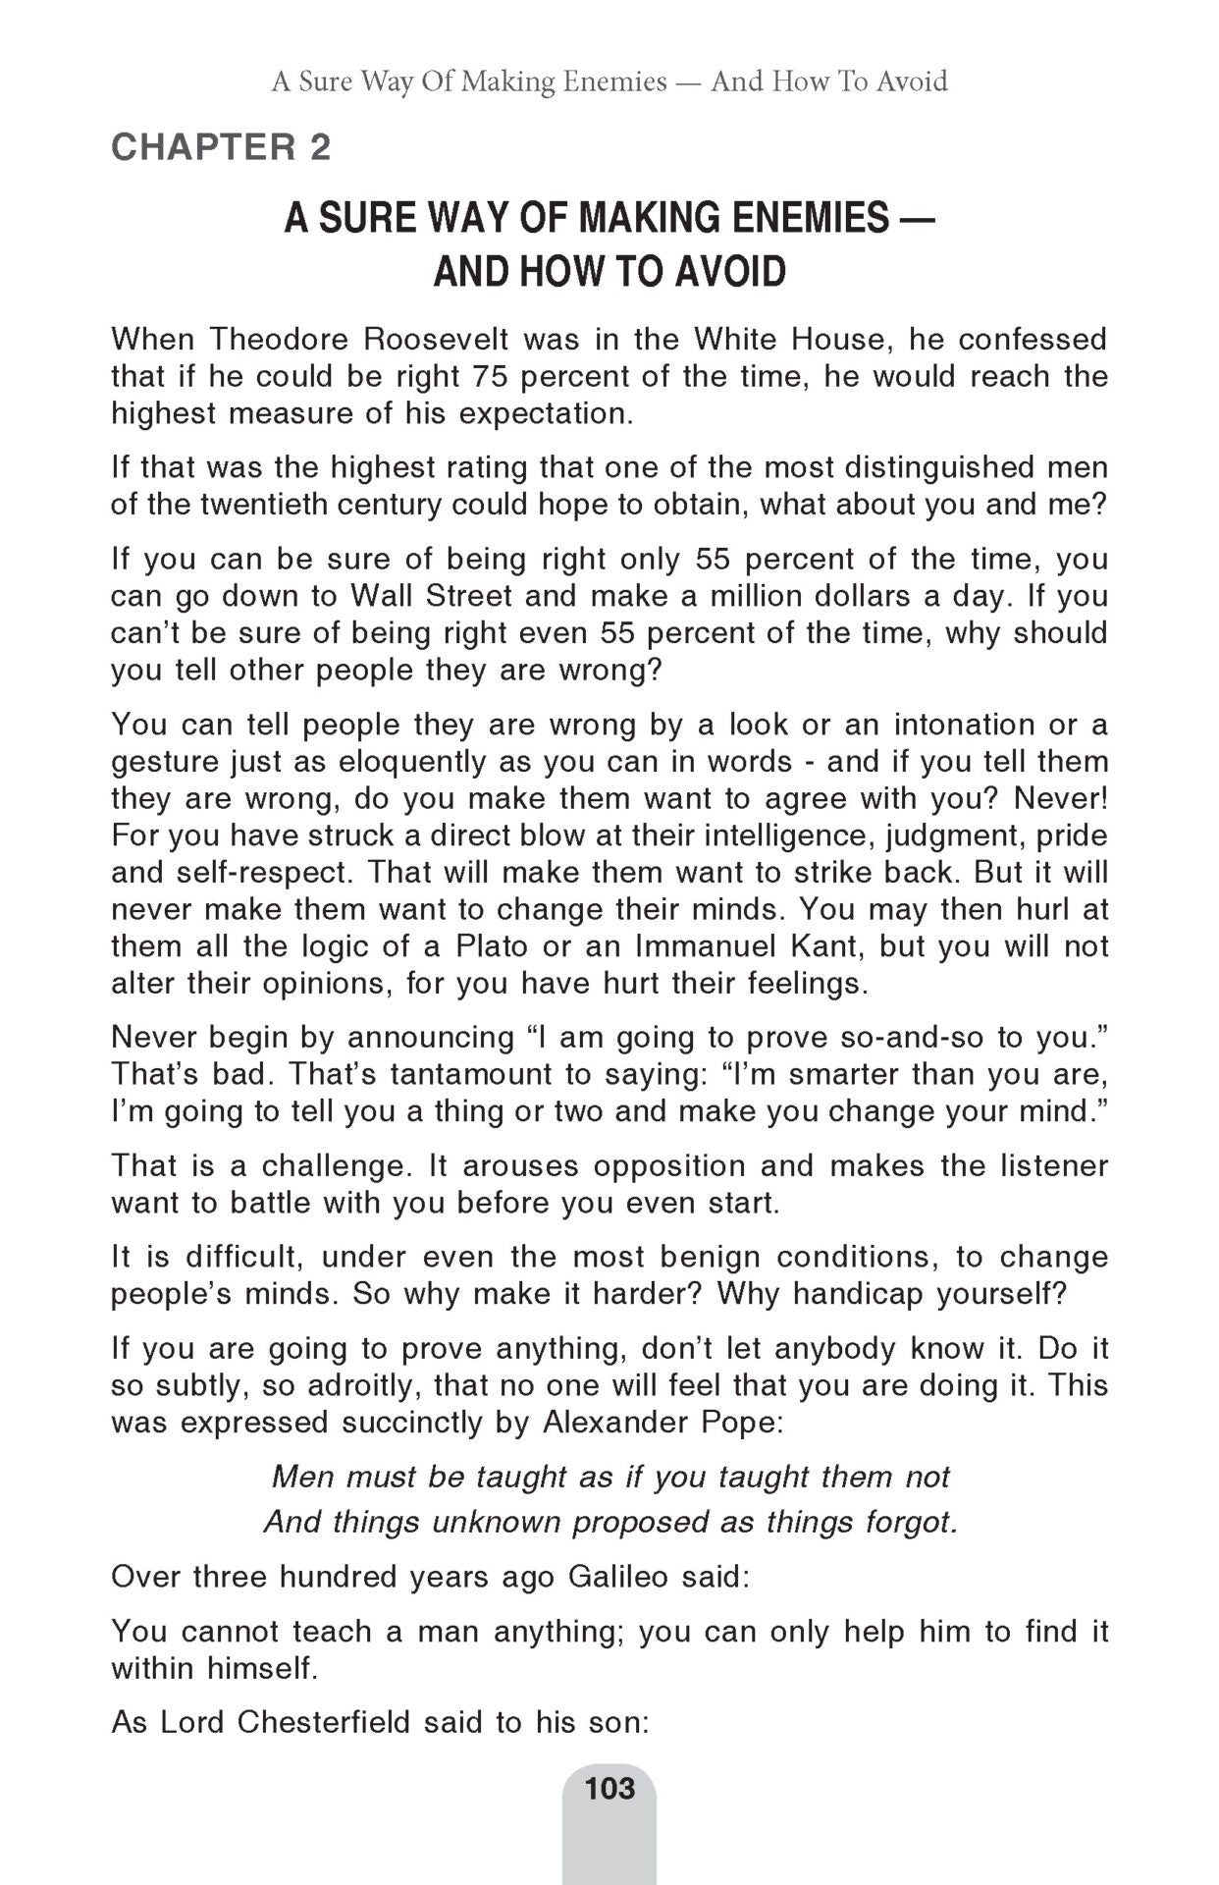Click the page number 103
tap(609, 1789)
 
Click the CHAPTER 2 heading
tap(221, 147)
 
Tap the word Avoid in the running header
tap(912, 81)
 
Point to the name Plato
tap(492, 947)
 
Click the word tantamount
tap(470, 1074)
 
